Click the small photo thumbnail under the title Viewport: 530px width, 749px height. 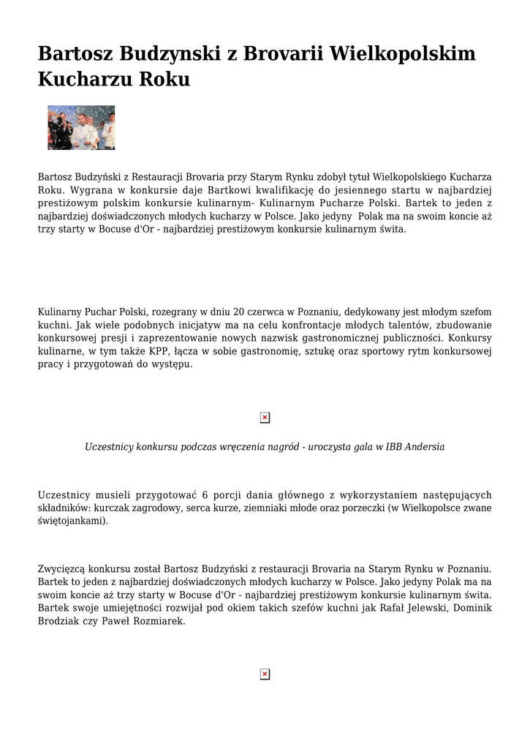tap(81, 127)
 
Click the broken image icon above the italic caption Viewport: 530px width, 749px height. tap(265, 418)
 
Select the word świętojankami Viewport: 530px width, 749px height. tap(72, 521)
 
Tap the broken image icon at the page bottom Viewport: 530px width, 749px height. tap(265, 674)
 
